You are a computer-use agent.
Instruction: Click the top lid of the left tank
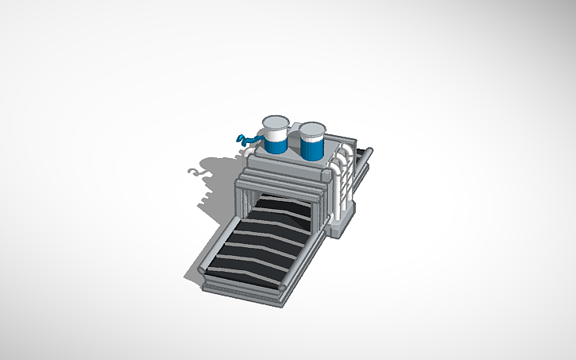276,122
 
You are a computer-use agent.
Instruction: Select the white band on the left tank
275,137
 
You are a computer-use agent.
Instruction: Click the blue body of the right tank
311,146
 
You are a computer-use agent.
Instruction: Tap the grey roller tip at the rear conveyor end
369,150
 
